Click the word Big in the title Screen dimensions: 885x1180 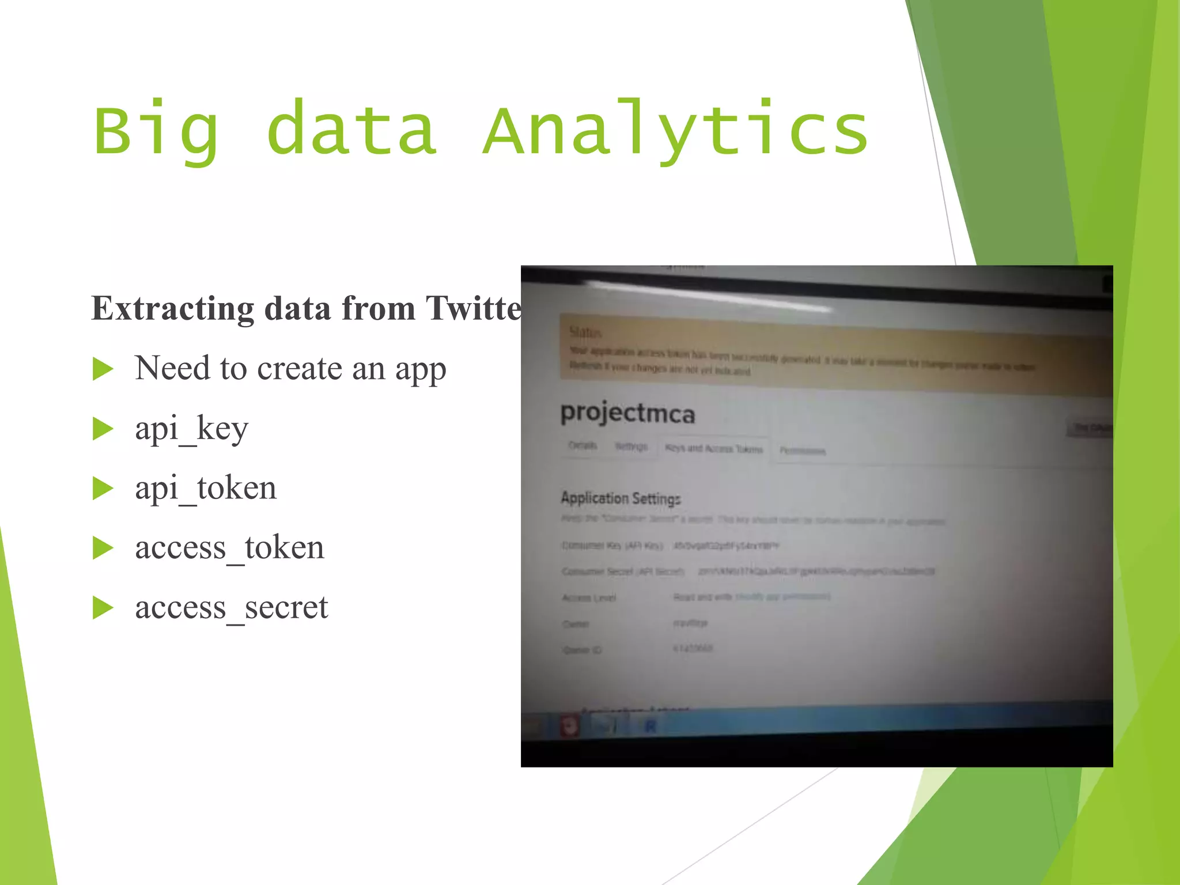156,131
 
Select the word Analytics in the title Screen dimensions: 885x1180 675,131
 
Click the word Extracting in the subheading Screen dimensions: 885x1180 172,309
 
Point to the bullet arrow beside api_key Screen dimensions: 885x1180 103,429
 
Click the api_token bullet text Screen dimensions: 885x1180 206,489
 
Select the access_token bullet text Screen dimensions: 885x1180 229,548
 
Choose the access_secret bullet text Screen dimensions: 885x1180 231,608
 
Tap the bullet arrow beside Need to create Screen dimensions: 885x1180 103,369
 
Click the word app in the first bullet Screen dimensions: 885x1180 421,370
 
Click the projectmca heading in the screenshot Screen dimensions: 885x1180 627,413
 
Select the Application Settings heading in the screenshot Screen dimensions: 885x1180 621,498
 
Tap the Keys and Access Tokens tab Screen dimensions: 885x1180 714,449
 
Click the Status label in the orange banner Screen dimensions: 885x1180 585,332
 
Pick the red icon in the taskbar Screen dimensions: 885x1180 569,727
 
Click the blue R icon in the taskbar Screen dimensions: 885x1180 650,727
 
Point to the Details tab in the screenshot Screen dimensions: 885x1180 583,445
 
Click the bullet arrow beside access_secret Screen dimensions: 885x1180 103,608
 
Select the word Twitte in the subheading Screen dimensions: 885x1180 474,309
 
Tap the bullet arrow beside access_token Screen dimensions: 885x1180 103,548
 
